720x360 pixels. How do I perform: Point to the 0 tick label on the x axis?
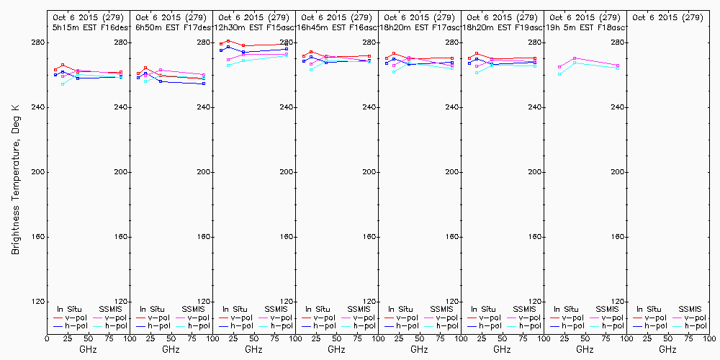tap(47, 338)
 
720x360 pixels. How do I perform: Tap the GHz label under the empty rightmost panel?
tap(667, 349)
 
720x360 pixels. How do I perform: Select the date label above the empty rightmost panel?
tap(667, 17)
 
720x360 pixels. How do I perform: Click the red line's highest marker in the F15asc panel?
tap(228, 41)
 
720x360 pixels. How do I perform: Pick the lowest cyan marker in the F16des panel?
tap(63, 84)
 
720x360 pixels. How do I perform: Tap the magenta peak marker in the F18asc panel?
tap(575, 58)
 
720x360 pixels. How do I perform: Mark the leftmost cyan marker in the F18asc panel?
tap(559, 74)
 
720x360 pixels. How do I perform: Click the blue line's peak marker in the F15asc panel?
tap(228, 47)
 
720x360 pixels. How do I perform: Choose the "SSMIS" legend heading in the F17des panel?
tap(193, 309)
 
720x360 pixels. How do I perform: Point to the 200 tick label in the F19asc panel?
tap(535, 172)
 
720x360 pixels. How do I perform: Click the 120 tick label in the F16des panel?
tap(121, 302)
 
